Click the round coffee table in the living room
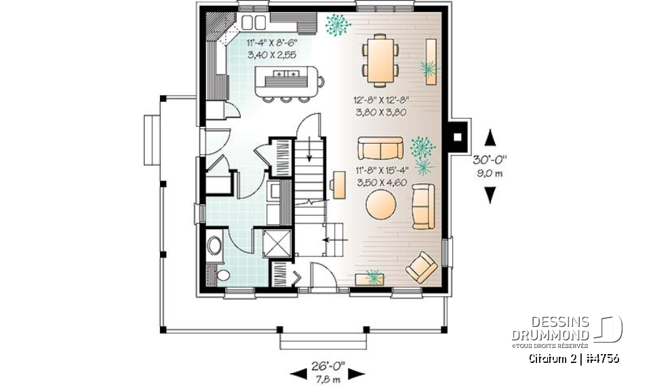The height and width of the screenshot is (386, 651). (x=380, y=204)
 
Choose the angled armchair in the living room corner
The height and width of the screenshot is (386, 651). (x=421, y=267)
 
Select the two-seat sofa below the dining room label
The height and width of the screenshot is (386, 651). (x=380, y=148)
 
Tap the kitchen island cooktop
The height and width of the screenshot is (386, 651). (x=285, y=74)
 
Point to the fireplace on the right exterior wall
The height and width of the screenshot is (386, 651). (x=459, y=136)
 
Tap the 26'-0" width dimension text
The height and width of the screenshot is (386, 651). (x=328, y=366)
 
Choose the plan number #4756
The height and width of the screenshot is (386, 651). (x=600, y=358)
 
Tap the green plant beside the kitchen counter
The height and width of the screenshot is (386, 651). (x=337, y=26)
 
